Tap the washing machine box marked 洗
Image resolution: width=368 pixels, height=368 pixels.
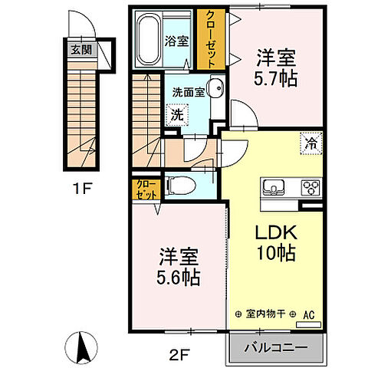(176, 115)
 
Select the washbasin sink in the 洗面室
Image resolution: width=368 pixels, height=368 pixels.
(215, 89)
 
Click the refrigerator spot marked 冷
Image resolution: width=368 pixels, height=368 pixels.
(310, 142)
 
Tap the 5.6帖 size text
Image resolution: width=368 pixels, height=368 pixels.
(179, 278)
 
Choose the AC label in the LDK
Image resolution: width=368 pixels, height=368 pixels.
(309, 314)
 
